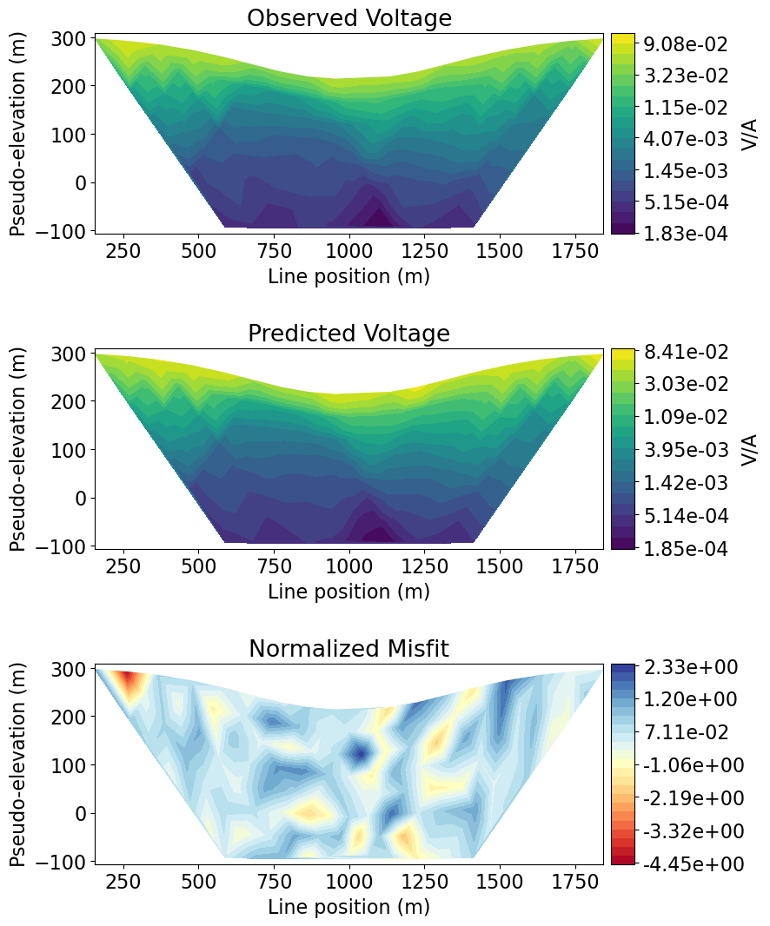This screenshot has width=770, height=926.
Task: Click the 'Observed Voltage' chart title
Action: pos(348,18)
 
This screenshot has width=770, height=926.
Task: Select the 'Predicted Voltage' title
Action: pos(348,334)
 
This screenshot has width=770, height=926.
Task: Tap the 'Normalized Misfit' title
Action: pos(348,649)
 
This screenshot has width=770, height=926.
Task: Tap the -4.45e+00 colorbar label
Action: pos(692,864)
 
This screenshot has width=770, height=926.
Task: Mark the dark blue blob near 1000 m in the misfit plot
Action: pos(357,752)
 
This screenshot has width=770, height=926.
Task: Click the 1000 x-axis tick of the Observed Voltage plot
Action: pos(348,247)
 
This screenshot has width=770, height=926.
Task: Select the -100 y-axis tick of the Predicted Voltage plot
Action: pos(68,546)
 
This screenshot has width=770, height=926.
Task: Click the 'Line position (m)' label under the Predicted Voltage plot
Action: pos(348,592)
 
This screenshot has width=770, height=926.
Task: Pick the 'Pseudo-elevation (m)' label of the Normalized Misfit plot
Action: pos(18,764)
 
